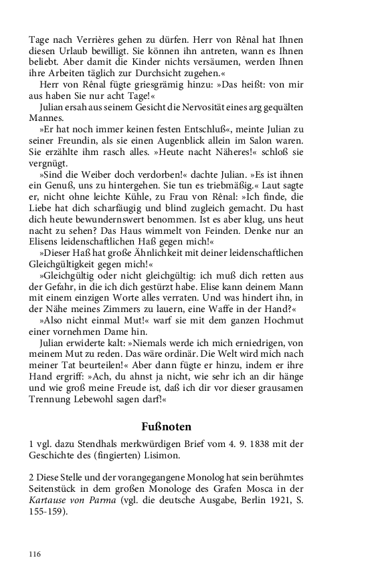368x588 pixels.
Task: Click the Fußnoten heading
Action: pos(166,426)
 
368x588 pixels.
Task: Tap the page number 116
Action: pos(35,555)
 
